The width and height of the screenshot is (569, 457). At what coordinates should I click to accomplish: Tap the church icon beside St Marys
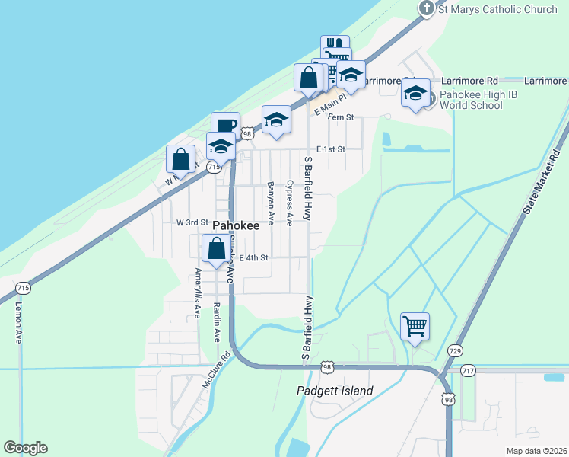click(x=427, y=8)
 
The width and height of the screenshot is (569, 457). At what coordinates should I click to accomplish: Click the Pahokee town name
click(x=236, y=226)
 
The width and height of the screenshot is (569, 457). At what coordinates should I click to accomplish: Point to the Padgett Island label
click(x=335, y=391)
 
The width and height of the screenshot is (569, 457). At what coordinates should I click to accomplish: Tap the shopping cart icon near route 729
click(x=415, y=327)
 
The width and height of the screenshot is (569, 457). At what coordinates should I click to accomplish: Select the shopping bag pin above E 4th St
click(x=217, y=249)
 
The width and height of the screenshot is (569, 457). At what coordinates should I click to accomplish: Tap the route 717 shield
click(x=468, y=370)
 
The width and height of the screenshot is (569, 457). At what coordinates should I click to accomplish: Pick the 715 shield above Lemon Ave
click(x=23, y=288)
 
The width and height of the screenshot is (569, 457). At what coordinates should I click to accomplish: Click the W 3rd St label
click(x=192, y=222)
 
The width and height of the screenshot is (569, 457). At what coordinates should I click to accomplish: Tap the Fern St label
click(x=341, y=117)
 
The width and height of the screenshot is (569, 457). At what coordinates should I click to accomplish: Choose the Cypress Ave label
click(x=290, y=203)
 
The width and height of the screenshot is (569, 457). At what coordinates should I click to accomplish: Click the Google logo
click(x=25, y=448)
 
